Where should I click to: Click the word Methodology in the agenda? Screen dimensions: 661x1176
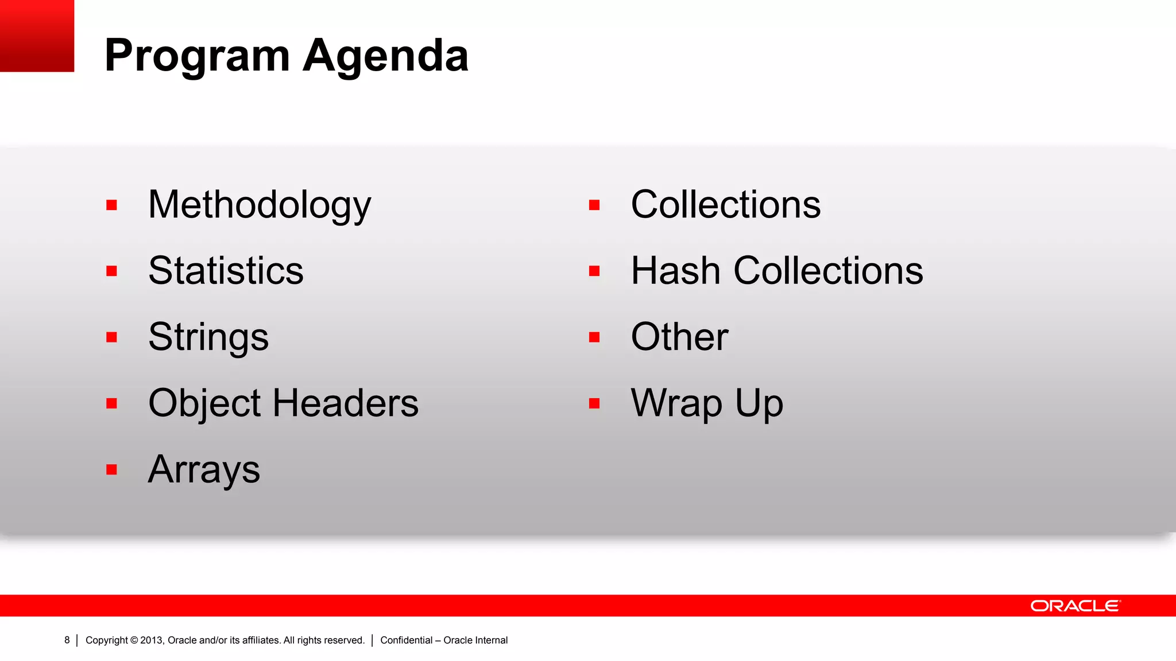[x=260, y=205]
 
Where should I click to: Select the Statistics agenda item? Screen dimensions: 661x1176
[x=226, y=271]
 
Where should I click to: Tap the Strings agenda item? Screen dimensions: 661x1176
[x=208, y=337]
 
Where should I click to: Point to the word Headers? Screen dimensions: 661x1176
[x=346, y=403]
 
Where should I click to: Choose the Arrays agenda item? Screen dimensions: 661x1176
[x=204, y=470]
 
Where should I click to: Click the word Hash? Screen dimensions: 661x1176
[x=675, y=271]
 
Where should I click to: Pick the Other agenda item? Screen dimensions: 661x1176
[x=679, y=337]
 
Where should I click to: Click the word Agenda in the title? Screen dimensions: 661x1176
[x=385, y=56]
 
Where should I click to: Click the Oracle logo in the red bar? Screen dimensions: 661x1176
[x=1075, y=606]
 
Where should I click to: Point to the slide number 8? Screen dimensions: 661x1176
[x=67, y=640]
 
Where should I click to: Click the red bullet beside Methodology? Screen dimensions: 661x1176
[x=112, y=205]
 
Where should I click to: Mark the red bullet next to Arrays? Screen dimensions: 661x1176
[x=112, y=470]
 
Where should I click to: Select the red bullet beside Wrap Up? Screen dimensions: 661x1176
[x=594, y=403]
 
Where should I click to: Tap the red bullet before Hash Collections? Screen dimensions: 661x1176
[x=594, y=271]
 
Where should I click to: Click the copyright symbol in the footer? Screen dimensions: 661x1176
[x=134, y=640]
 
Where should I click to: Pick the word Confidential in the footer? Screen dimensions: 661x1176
[x=406, y=640]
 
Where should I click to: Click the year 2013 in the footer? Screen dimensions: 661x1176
[x=152, y=640]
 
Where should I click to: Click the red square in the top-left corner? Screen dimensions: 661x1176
[x=37, y=36]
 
